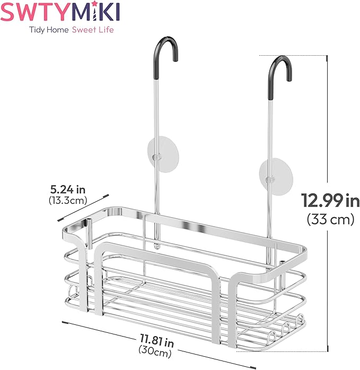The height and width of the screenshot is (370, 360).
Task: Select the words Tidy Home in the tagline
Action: [48, 30]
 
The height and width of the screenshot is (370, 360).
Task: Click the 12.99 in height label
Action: [330, 201]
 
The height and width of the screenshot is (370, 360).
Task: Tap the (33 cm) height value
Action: [330, 219]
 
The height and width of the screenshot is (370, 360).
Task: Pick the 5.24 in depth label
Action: [68, 190]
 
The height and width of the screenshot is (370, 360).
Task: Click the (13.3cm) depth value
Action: [68, 200]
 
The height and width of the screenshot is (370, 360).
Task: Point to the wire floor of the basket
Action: [175, 303]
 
